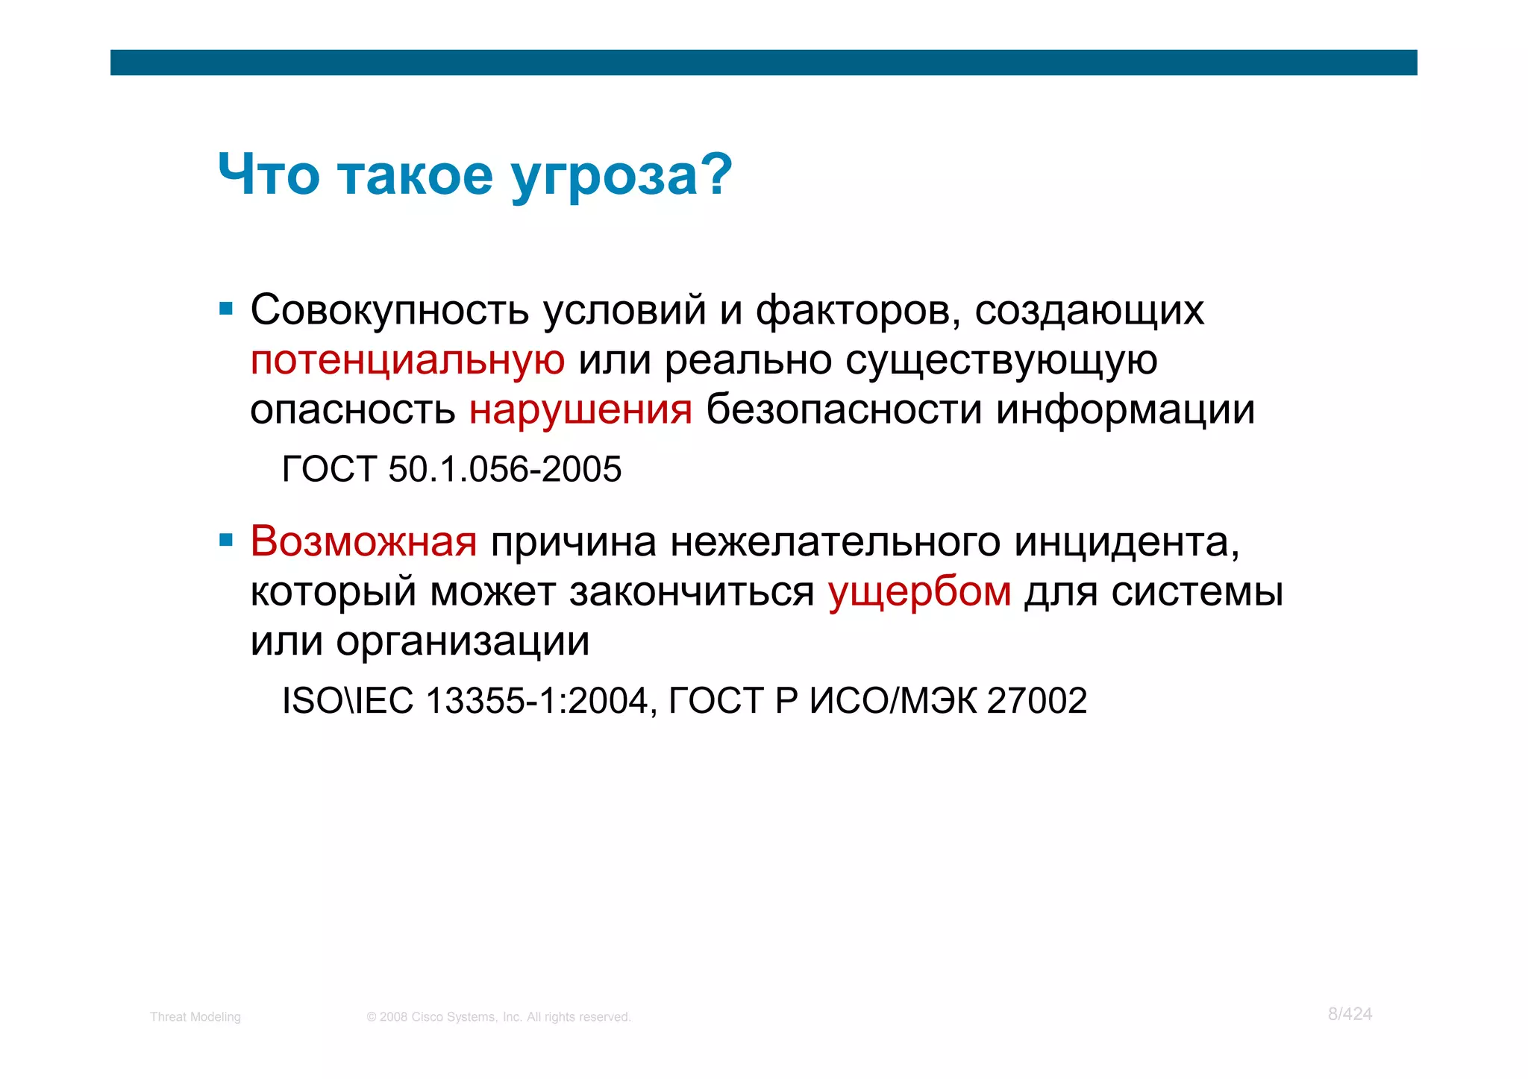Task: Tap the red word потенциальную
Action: point(407,361)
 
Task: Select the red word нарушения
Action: point(580,410)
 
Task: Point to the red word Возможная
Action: point(363,541)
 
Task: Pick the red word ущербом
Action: point(919,592)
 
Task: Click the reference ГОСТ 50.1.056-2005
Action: point(451,470)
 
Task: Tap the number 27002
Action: point(1037,701)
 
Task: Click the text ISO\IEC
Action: point(348,701)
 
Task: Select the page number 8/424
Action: point(1350,1014)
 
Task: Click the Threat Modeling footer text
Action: point(195,1017)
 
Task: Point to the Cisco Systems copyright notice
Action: point(498,1017)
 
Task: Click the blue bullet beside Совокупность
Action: point(226,309)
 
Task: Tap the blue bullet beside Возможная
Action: point(226,540)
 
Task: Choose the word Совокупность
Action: point(389,310)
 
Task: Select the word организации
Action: point(463,641)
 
